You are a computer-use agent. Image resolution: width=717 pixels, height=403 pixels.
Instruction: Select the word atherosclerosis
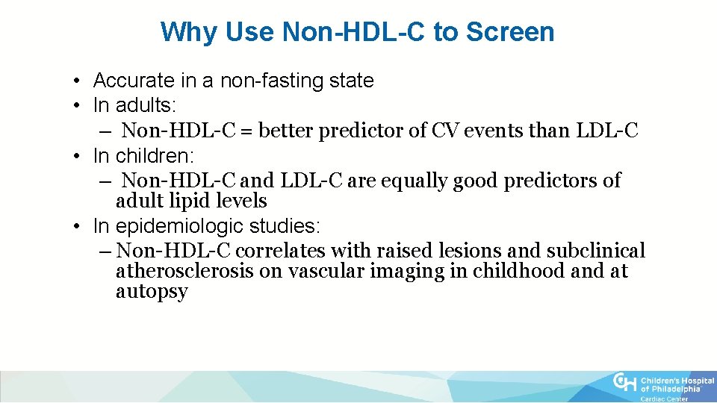(x=184, y=271)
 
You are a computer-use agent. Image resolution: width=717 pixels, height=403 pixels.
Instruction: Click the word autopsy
(x=152, y=291)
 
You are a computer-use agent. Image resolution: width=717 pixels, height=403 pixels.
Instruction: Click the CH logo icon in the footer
(x=625, y=383)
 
